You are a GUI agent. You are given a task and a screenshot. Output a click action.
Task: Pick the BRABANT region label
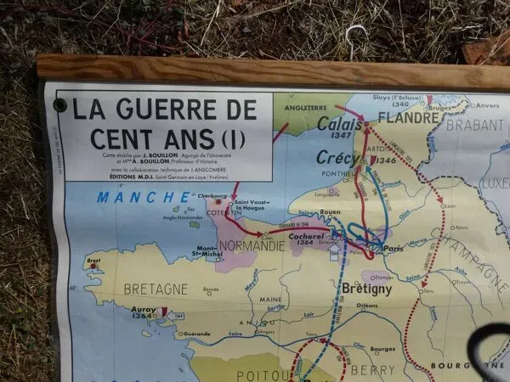coord(474,124)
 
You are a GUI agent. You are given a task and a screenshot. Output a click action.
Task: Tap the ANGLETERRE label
coord(302,108)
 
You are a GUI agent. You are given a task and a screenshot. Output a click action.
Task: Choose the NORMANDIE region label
coord(253,245)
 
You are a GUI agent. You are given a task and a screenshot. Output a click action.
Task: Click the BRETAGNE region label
coord(156,289)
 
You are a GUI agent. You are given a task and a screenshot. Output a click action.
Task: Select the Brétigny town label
coord(366,289)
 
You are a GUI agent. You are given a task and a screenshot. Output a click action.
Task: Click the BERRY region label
coord(373,369)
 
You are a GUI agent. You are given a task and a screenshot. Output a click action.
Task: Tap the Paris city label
coord(393,248)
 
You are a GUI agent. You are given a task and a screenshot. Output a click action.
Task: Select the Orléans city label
coord(367,306)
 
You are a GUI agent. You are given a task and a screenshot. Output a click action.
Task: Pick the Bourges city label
coord(383,349)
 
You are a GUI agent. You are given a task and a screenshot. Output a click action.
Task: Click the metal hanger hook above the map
coord(356,43)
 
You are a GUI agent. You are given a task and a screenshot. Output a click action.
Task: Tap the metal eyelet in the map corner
coord(59,105)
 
